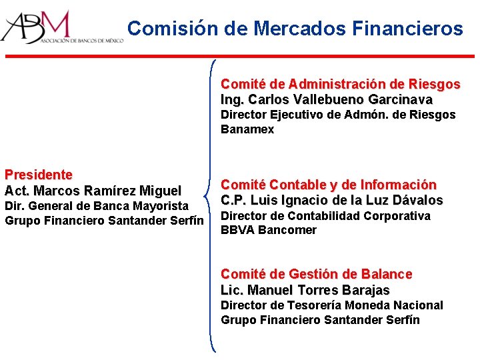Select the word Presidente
point(39,175)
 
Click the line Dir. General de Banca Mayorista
point(97,206)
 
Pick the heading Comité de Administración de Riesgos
point(340,84)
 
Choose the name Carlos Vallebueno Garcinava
point(340,100)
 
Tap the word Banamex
point(247,129)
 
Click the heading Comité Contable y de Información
point(329,184)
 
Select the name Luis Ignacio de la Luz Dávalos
point(347,200)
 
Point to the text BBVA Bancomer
point(259,230)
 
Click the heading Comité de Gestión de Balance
point(317,274)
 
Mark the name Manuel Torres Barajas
point(319,290)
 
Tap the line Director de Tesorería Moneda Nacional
point(332,305)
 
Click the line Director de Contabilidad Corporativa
point(326,216)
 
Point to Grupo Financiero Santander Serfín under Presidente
point(104,221)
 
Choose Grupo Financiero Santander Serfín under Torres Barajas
point(321,320)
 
